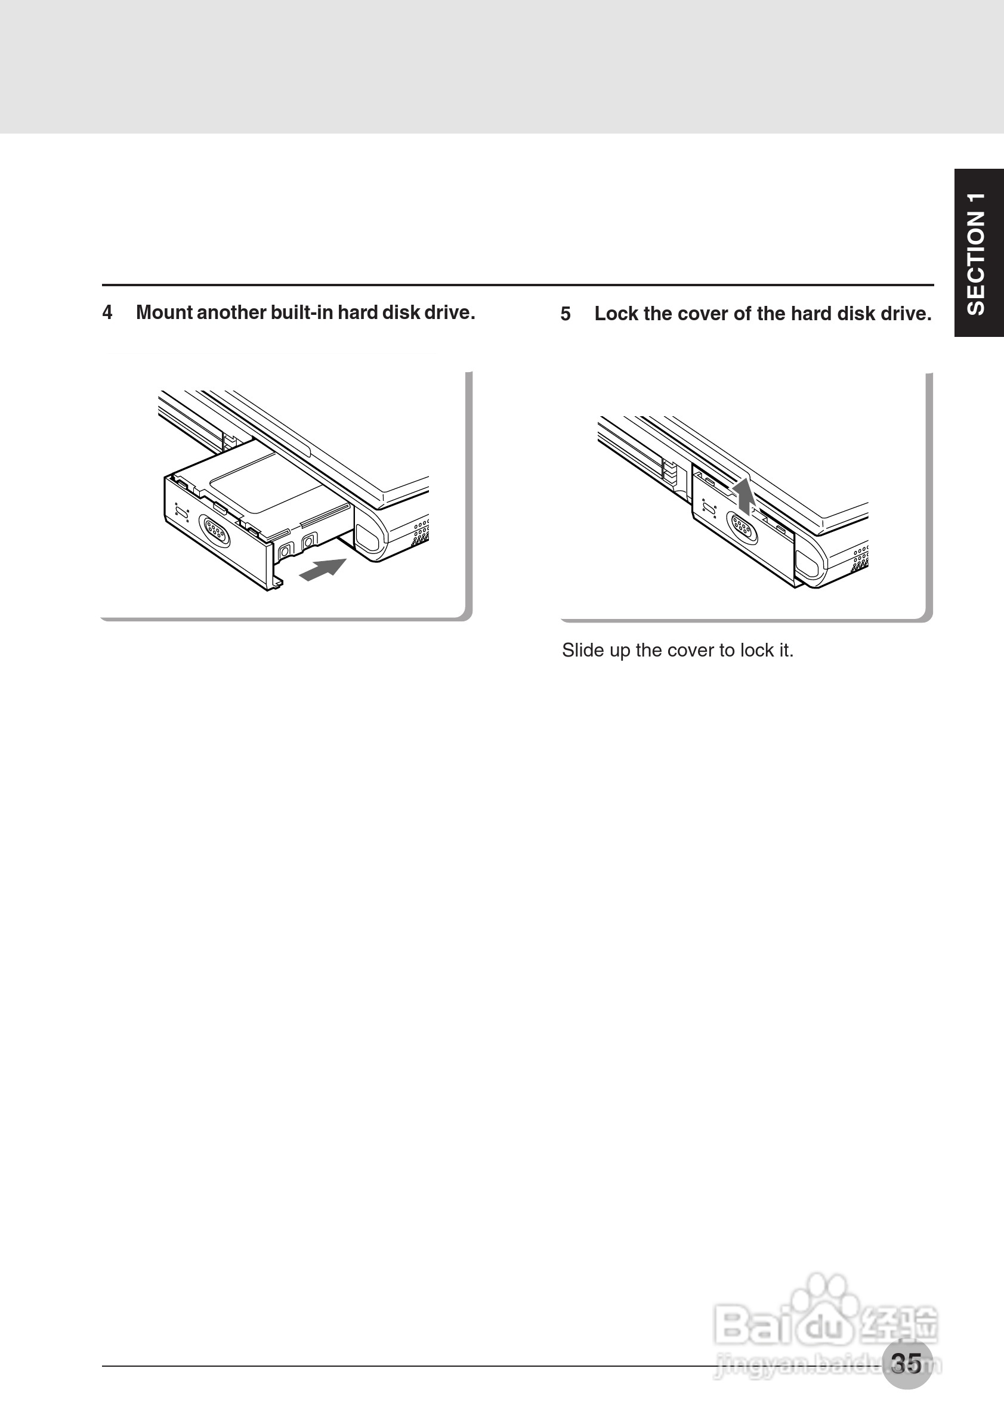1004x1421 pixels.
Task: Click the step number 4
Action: pos(107,312)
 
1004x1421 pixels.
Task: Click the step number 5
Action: pos(565,314)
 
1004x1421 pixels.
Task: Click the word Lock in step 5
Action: pos(616,314)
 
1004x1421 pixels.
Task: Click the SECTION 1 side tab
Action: pos(978,252)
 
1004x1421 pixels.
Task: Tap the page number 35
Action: pos(907,1363)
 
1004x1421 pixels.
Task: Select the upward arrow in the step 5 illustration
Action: pos(743,496)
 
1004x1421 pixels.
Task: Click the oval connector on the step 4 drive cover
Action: pos(214,530)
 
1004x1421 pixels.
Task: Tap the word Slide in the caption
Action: pos(582,651)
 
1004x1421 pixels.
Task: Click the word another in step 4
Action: pos(231,312)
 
